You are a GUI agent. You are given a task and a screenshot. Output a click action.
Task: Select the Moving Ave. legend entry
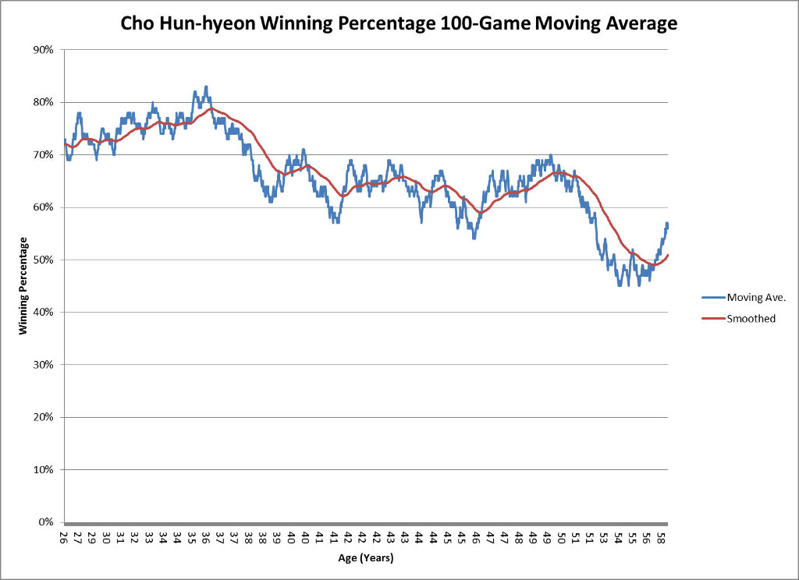(754, 297)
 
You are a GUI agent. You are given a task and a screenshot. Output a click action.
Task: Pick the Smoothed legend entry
(751, 318)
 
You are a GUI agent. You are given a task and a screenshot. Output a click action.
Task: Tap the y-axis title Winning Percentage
(23, 286)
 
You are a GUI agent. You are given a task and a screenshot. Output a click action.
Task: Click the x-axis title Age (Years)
(366, 558)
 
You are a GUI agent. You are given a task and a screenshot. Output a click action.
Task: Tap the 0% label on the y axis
(45, 522)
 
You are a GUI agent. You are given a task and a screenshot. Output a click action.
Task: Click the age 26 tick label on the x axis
(64, 538)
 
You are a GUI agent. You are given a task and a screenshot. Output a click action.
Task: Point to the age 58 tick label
(660, 538)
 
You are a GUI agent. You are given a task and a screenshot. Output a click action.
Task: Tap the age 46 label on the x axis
(475, 538)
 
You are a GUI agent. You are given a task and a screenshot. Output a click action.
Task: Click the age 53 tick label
(603, 538)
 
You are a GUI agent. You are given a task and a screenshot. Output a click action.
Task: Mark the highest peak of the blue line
(206, 87)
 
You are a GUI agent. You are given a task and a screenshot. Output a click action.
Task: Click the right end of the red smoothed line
(668, 255)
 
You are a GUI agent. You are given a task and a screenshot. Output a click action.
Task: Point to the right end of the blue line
(668, 225)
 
